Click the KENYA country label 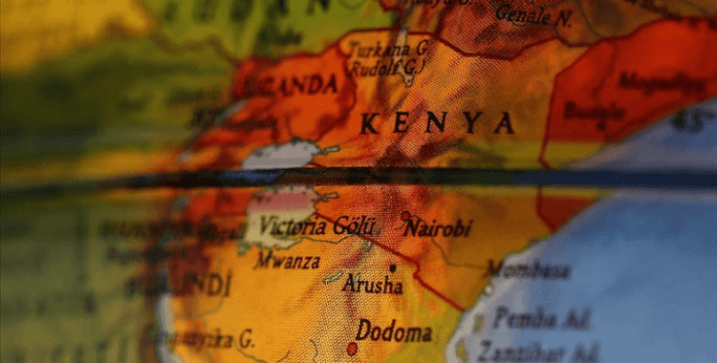[437, 123]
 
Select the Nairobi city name [437, 228]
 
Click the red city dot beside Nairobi [405, 217]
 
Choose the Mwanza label [286, 259]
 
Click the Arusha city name [372, 285]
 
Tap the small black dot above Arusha [392, 268]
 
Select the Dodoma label [394, 332]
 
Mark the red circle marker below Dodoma [352, 349]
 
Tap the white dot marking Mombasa [489, 288]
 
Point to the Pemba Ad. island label [541, 319]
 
